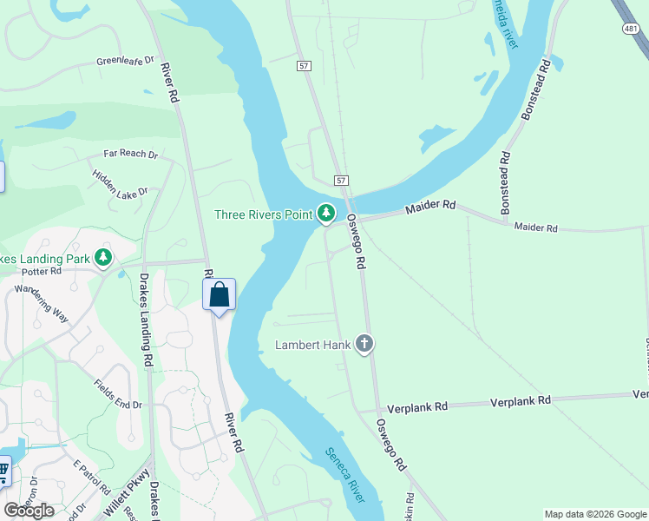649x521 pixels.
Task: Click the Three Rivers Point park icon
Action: [x=325, y=213]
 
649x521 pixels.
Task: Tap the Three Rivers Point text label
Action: [x=264, y=214]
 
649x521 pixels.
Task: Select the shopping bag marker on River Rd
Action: [x=220, y=294]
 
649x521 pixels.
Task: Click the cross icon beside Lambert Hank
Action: [x=364, y=344]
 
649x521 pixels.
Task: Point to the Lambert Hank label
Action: [x=313, y=345]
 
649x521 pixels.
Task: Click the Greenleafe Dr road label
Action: [x=125, y=62]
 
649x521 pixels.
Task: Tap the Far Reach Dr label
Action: [x=130, y=155]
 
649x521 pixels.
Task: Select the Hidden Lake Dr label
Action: [x=120, y=181]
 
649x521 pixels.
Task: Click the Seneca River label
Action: [x=346, y=474]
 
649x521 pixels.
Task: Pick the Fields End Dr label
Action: [x=117, y=393]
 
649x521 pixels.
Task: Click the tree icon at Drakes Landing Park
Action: [x=103, y=258]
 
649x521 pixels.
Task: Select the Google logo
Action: [x=29, y=511]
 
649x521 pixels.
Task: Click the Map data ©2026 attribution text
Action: [x=594, y=514]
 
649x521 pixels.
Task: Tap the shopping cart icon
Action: [x=3, y=472]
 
